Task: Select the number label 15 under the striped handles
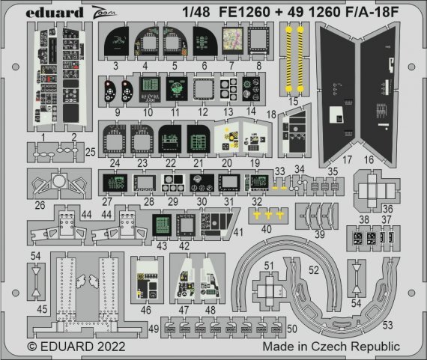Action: (293, 101)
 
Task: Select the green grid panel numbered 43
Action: (161, 222)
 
